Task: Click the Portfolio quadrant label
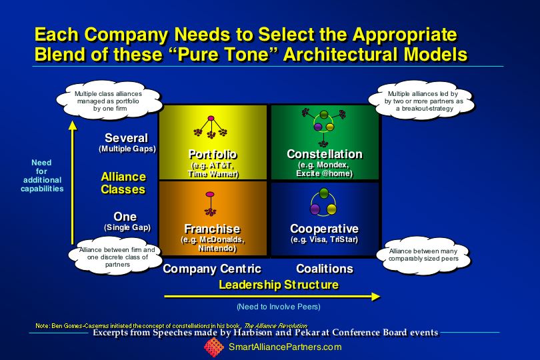pos(213,155)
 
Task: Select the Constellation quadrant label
pos(325,154)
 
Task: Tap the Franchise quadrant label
pos(212,229)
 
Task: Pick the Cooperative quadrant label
pos(325,229)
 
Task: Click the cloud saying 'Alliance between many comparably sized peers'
pos(423,255)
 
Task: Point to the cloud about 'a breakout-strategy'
pos(423,101)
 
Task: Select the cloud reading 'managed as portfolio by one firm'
pos(109,101)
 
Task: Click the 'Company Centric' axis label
pos(212,269)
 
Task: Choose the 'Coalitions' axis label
pos(325,269)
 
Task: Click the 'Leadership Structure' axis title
pos(279,285)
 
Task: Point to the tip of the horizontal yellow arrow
pos(380,297)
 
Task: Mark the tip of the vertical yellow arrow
pos(72,121)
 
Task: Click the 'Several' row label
pos(127,138)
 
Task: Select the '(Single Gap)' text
pos(127,227)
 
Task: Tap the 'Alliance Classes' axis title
pos(123,183)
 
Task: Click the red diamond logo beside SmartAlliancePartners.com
pos(214,347)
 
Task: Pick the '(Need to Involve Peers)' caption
pos(279,307)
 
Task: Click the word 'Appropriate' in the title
pos(405,35)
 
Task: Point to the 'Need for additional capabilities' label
pos(42,176)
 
